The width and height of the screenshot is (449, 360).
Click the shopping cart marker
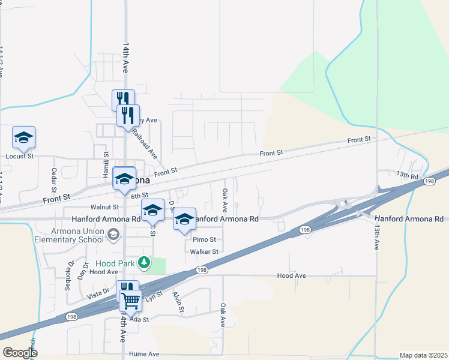(x=130, y=300)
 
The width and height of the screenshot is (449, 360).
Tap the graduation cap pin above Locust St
(x=23, y=137)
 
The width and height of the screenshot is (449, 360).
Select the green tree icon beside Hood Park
(x=143, y=262)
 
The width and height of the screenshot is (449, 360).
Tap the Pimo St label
(x=203, y=239)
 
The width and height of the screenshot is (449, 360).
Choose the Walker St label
(x=203, y=252)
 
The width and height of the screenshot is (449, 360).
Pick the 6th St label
(x=139, y=196)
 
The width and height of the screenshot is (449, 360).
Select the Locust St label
(x=20, y=156)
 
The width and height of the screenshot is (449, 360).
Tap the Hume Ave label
(x=146, y=355)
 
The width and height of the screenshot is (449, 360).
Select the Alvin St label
(x=177, y=302)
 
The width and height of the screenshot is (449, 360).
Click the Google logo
(x=20, y=353)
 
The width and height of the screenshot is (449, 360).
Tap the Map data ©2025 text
(x=423, y=355)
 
